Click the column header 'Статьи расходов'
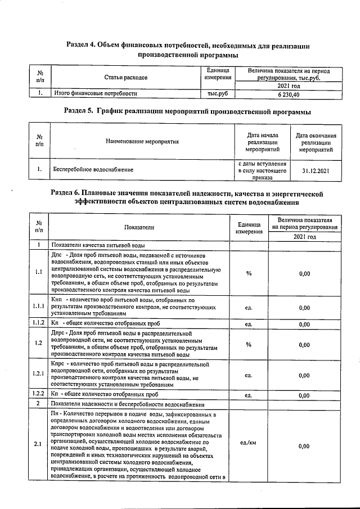click(126, 78)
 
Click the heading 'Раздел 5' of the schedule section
click(188, 112)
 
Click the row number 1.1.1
click(38, 307)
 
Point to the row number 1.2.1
click(38, 375)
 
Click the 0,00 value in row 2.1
click(304, 447)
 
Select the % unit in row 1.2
click(249, 345)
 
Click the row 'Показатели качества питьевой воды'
click(98, 246)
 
